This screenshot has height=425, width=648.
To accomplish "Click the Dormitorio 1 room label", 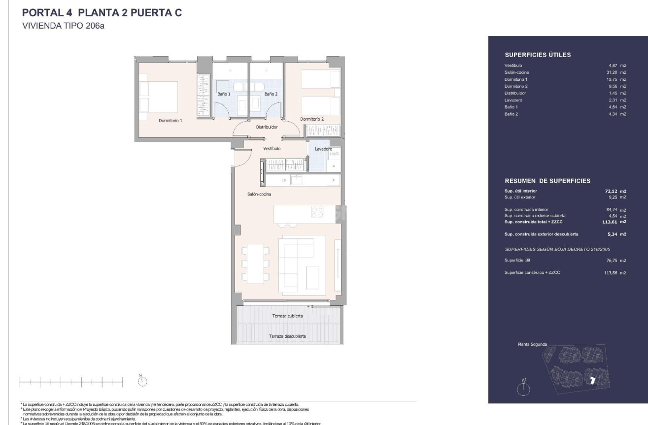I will [171, 120].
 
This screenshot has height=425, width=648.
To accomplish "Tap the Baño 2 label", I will [271, 93].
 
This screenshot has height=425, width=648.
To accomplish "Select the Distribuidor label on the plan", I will [267, 127].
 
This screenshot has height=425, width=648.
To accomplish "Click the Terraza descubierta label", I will [287, 336].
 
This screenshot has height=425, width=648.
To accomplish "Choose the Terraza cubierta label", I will [287, 316].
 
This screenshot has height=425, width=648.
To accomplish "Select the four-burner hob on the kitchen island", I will [317, 212].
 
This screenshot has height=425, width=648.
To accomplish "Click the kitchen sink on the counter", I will [297, 181].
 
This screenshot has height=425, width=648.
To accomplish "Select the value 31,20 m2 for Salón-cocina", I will [616, 72].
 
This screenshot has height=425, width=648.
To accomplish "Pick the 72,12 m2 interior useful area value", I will [615, 191].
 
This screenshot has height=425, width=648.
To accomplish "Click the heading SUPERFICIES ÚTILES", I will [538, 55].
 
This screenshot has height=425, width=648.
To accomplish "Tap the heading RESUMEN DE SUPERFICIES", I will [547, 181].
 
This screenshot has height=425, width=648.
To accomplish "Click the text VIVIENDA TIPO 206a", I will [65, 27].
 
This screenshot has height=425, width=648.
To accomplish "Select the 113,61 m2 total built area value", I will [615, 222].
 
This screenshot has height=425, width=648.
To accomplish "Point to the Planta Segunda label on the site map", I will [532, 345].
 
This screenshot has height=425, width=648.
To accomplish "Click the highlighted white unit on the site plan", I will [593, 380].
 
